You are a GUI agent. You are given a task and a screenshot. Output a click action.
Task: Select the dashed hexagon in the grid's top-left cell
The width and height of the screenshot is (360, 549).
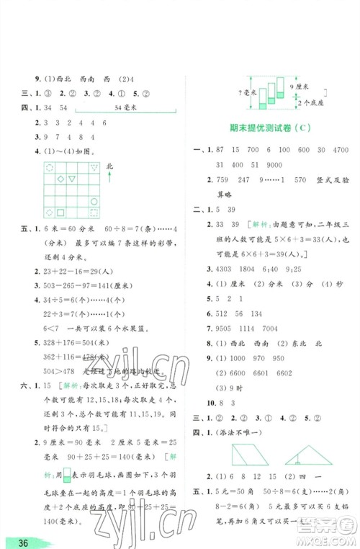tap(49, 166)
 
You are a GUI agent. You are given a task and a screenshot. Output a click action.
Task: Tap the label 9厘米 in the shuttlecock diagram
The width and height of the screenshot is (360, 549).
tap(306, 86)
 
